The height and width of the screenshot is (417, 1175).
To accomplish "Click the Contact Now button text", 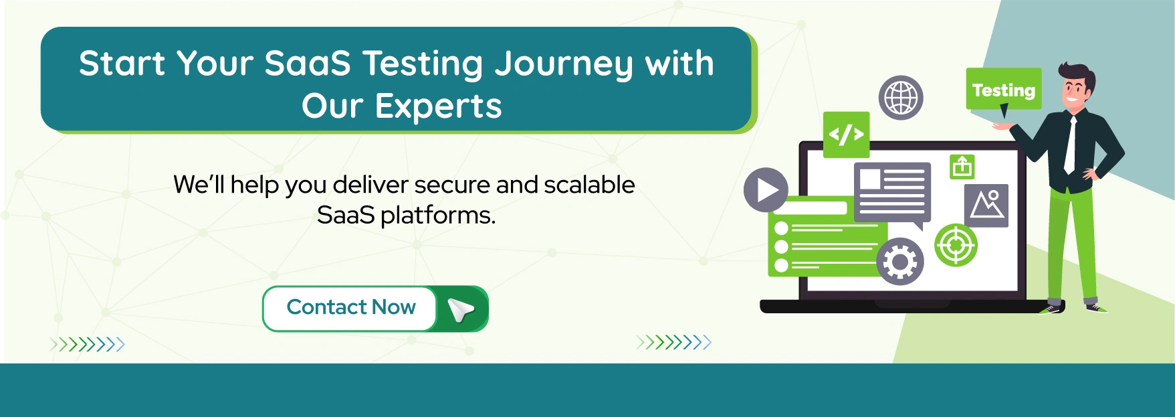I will [x=350, y=307].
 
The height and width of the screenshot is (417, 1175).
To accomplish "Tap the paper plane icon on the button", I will [x=461, y=309].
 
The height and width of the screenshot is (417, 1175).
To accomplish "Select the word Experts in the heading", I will [x=438, y=106].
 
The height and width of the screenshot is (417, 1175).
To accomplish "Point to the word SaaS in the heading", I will [x=307, y=64].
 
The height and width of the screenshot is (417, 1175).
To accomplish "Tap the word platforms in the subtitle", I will [x=437, y=216].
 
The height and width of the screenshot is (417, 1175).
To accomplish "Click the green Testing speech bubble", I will [x=1003, y=89].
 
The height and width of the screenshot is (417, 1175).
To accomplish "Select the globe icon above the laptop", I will [x=901, y=98].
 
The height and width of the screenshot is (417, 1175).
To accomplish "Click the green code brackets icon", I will [x=846, y=135].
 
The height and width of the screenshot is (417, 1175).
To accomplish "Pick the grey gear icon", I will [x=899, y=262].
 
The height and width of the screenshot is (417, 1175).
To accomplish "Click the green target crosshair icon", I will [x=956, y=245].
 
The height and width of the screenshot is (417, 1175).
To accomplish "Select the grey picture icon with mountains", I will [x=986, y=205].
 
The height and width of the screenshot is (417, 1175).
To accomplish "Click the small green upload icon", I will [x=962, y=166].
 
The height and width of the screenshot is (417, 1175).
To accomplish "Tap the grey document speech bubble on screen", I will [x=892, y=193].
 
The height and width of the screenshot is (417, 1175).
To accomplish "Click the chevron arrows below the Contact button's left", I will [x=88, y=345].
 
